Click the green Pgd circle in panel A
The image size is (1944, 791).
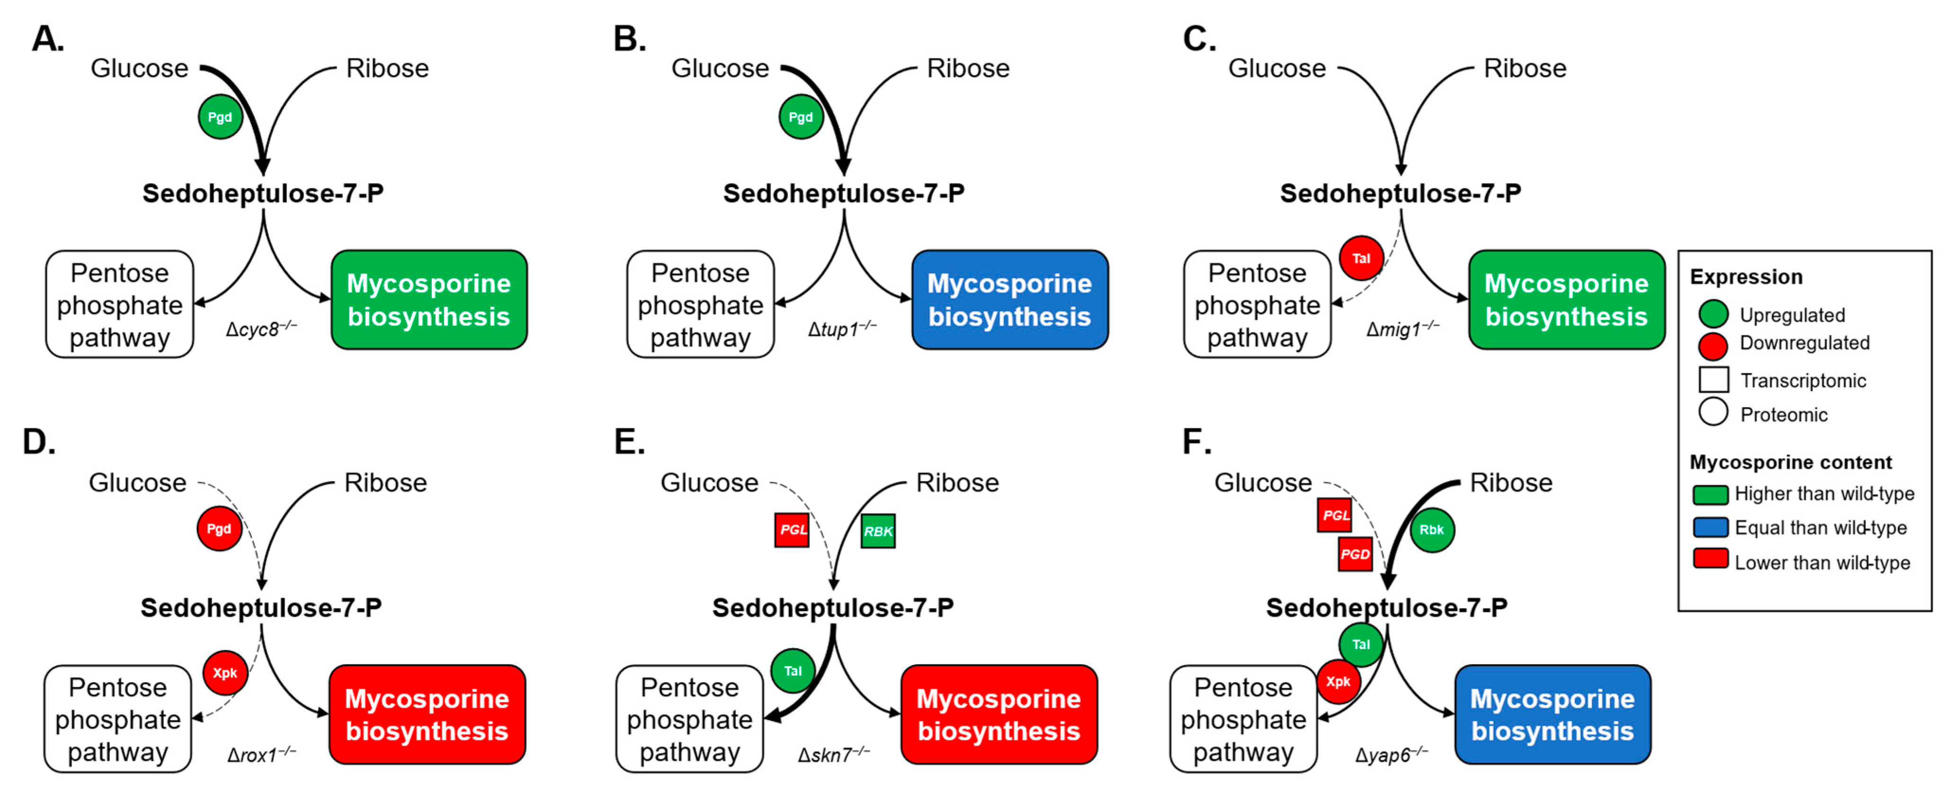220,117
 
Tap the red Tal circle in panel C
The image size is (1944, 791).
1361,258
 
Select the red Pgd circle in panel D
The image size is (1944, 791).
219,528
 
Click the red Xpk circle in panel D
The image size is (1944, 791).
225,673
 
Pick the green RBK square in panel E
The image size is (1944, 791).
878,531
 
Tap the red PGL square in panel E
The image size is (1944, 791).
792,530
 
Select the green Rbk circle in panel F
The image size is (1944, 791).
1432,530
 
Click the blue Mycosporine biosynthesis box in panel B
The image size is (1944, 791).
1010,300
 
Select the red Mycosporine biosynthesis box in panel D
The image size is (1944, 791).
427,714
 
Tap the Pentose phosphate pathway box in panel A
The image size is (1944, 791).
119,304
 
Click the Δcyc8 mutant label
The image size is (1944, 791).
261,329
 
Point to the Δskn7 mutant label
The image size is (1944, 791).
834,754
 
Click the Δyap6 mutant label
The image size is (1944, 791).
1391,755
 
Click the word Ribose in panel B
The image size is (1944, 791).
968,69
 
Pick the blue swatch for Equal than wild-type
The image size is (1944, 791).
1711,527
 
